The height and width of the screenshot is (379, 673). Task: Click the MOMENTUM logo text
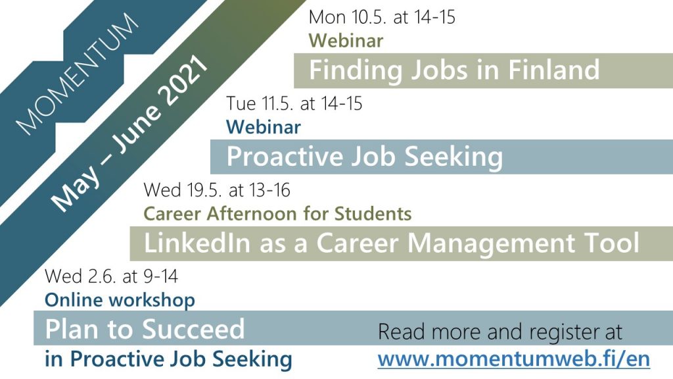tap(78, 74)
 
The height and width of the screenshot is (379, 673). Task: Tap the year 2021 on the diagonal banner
tap(183, 82)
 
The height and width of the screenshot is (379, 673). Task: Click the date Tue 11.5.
tap(260, 103)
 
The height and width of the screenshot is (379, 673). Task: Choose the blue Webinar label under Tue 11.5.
tap(263, 127)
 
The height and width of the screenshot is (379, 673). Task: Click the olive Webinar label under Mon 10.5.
tap(346, 40)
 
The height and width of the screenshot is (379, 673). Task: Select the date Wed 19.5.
tap(182, 190)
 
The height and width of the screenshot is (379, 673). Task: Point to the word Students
tap(373, 214)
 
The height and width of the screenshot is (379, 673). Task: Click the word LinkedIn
tap(197, 243)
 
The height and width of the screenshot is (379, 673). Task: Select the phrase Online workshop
tap(120, 300)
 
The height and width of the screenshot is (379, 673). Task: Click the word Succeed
tap(193, 329)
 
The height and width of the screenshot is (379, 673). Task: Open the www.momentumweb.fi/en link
tap(514, 359)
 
